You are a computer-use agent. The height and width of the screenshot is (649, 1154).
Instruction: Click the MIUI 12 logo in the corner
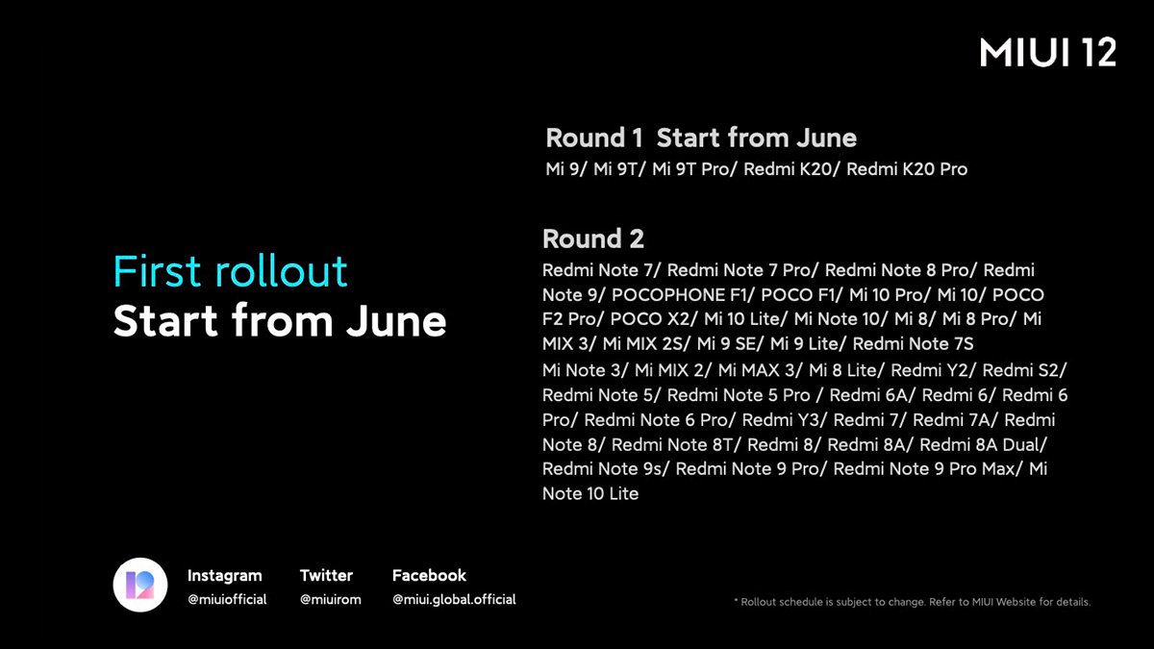pos(1048,54)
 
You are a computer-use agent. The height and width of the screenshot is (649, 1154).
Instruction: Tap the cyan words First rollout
pos(230,272)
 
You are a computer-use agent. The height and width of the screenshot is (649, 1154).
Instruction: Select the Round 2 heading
pos(593,238)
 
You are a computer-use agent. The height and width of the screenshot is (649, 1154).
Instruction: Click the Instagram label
pos(224,576)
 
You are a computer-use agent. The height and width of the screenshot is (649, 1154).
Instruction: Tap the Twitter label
pos(326,576)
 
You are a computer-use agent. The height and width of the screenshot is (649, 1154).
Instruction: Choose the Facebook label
pos(429,576)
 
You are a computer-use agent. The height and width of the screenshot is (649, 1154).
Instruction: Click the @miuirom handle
pos(331,600)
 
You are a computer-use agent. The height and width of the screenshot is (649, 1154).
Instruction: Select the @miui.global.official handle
pos(454,600)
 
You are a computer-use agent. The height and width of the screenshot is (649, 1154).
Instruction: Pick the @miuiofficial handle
pos(227,600)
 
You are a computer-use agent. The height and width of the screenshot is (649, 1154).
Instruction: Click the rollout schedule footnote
pos(912,602)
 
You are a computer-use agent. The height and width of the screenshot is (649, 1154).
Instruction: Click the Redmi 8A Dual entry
pos(982,444)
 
